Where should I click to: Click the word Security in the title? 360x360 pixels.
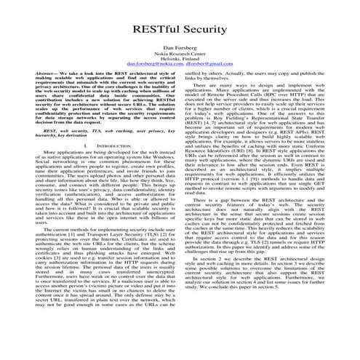(207, 25)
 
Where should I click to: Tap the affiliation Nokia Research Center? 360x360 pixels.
(180, 52)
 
